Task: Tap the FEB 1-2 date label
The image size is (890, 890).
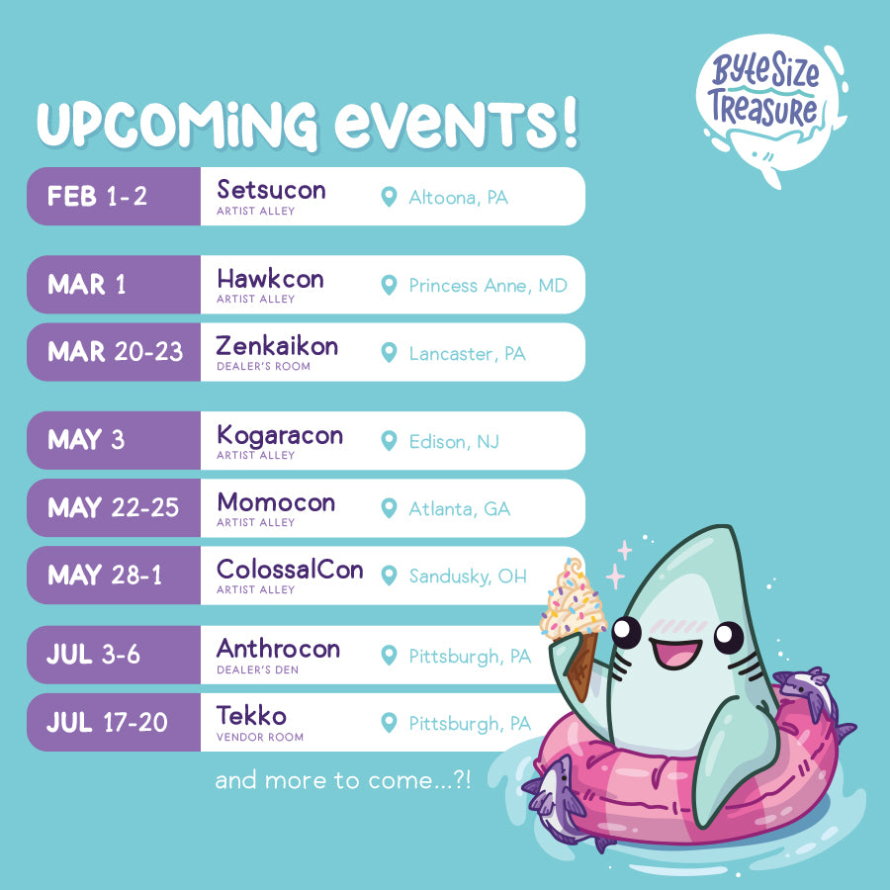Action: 97,197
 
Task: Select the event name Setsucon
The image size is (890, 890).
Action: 271,190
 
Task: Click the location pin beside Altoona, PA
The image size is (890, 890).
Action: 389,197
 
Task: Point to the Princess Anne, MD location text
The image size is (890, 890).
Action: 489,286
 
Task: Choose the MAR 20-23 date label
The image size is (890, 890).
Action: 116,352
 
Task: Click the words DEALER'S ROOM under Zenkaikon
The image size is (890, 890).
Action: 263,367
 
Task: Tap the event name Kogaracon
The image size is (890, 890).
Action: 280,436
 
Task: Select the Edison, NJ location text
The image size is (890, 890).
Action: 454,442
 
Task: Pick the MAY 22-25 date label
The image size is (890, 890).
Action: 114,507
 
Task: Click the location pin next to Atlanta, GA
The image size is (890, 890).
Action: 389,508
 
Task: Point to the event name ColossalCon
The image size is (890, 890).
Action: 290,570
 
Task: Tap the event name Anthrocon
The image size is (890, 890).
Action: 278,648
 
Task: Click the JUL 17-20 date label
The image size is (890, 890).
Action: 107,722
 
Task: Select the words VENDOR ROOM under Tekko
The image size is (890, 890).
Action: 260,738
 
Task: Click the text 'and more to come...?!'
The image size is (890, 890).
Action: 343,780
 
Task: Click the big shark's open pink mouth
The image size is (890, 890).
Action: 675,653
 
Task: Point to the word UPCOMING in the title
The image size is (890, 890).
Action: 177,125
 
